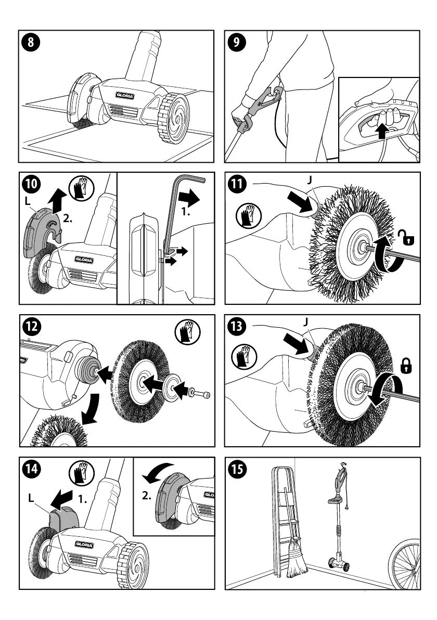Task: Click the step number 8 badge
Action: (31, 43)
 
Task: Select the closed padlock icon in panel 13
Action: (405, 366)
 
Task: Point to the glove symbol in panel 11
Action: (247, 215)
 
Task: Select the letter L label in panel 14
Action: (32, 498)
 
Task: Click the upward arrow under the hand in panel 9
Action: (383, 131)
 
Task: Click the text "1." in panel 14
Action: (82, 499)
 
